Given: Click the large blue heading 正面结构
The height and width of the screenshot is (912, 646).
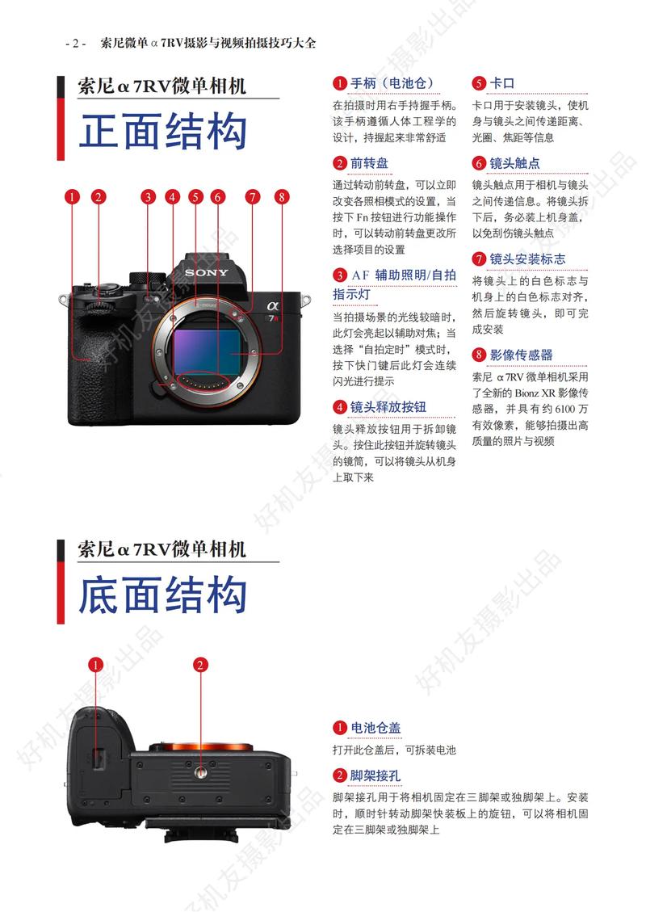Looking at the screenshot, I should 162,131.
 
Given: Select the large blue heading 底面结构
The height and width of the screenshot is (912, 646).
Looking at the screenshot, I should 162,595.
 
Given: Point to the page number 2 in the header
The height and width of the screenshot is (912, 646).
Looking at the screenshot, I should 74,44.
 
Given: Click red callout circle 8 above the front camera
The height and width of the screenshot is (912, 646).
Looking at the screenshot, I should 280,196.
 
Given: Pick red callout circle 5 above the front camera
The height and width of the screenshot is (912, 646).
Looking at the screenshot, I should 195,196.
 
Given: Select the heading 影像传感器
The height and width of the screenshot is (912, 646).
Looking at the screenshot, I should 521,355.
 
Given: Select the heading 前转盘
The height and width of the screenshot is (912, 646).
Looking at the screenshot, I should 369,163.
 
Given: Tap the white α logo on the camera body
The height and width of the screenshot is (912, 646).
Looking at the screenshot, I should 271,306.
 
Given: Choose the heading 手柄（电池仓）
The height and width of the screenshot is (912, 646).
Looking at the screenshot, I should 392,83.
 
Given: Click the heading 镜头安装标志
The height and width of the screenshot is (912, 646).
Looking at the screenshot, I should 530,259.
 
